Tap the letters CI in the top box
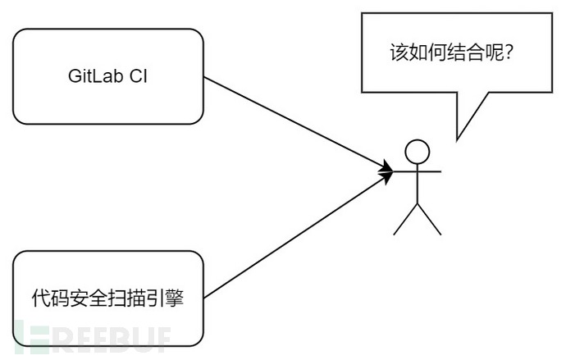[138, 77]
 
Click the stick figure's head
[418, 151]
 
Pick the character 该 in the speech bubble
[398, 53]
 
